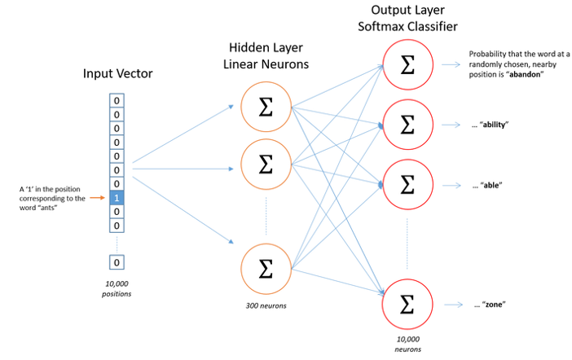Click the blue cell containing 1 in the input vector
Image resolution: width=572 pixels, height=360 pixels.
pos(117,197)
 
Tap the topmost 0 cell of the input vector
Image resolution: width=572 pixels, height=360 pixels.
pos(117,100)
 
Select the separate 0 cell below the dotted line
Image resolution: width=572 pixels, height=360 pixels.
pos(117,262)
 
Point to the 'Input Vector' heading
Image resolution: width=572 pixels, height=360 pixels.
pos(117,74)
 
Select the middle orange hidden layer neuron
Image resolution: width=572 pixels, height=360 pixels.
pos(265,164)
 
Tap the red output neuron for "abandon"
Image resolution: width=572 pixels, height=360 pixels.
pos(407,64)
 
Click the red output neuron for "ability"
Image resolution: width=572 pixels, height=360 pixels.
pos(407,125)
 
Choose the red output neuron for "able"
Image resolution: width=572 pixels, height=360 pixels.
pos(407,185)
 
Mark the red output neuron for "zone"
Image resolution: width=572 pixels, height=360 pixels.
pos(407,305)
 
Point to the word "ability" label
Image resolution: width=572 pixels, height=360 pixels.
pos(495,125)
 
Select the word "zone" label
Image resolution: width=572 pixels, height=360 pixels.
pos(491,305)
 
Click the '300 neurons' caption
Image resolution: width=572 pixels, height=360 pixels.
pos(265,306)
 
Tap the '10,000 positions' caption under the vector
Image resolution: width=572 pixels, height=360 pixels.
pos(117,287)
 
